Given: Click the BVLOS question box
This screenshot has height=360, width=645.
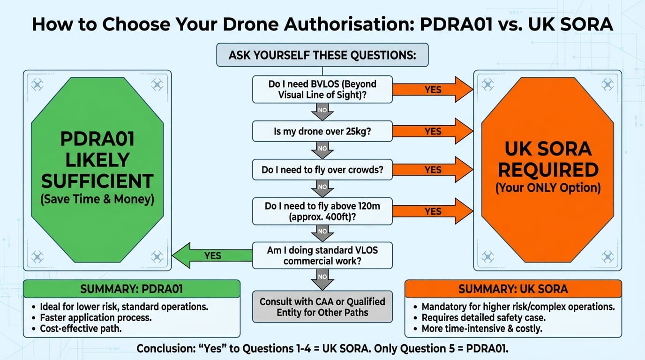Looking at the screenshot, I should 322,90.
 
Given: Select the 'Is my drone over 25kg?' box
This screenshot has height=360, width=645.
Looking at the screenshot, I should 322,131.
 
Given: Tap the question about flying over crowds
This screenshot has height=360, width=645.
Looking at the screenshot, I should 322,170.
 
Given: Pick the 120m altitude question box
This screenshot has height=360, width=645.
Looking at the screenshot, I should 322,211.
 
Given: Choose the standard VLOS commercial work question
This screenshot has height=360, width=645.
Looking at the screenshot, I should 322,255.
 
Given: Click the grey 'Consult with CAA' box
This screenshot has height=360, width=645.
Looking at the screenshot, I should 322,307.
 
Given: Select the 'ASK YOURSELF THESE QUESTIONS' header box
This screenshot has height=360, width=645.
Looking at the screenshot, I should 322,55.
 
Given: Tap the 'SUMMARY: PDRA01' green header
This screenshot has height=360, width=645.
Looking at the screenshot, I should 132,289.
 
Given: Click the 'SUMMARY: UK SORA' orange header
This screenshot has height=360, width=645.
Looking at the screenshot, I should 513,289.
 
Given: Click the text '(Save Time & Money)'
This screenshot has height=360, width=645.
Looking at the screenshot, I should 97,199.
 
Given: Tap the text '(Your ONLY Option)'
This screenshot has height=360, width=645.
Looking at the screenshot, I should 548,188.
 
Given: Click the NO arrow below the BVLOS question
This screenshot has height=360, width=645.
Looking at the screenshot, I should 322,112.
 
